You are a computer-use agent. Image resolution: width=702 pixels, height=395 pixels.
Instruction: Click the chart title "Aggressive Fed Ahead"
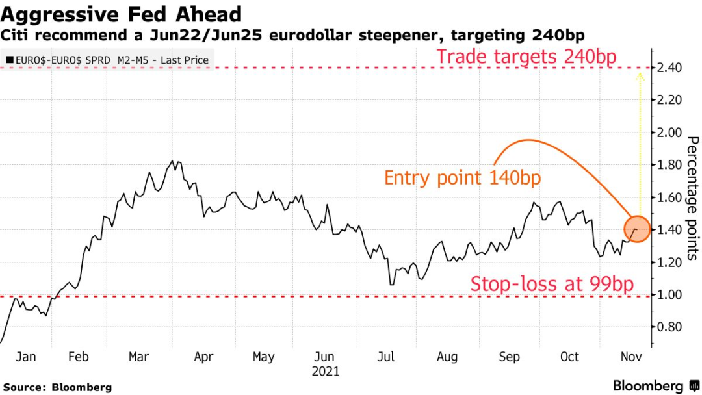pos(121,14)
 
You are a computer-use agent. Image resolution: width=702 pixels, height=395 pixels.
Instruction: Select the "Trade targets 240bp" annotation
pos(526,57)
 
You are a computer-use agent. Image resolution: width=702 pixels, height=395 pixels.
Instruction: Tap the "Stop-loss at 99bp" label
pos(552,284)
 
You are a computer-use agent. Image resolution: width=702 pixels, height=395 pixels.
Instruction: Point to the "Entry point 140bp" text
pos(463,177)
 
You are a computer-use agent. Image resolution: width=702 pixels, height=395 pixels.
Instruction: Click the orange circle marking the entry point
pos(637,229)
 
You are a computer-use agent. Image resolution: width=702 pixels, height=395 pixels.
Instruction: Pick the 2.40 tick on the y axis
pos(669,68)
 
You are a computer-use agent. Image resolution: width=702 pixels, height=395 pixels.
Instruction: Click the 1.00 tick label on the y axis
pos(669,295)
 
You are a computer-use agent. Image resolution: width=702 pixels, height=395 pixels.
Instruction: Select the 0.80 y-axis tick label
pos(669,327)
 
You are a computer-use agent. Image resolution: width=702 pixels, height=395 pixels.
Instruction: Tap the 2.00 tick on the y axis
pos(669,133)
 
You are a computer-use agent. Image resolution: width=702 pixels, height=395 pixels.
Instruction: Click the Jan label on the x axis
pos(25,357)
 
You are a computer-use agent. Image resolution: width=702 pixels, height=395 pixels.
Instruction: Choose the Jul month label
pos(386,357)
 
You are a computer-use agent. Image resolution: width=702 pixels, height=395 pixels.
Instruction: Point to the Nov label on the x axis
pos(631,357)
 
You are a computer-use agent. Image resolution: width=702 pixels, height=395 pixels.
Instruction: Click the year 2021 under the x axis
pos(326,372)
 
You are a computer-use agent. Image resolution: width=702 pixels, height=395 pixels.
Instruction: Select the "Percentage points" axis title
pos(693,198)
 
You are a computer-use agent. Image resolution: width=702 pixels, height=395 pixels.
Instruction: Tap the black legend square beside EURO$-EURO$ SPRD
pos(9,60)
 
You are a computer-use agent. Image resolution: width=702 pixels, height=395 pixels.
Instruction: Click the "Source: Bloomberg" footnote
pos(57,387)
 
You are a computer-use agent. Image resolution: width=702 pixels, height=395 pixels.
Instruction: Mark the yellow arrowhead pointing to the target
pos(640,77)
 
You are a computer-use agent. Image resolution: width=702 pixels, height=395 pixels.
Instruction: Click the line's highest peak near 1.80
pos(173,160)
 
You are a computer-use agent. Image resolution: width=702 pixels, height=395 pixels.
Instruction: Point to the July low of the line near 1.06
pos(392,284)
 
